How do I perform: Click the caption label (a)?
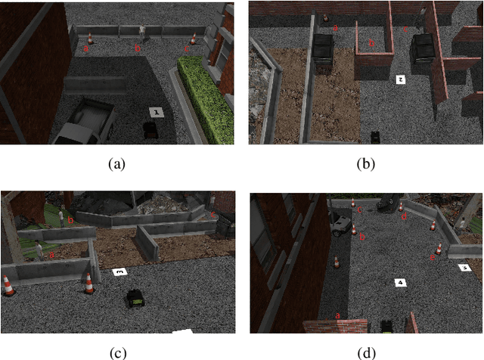[116, 163]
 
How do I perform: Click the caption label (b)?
[367, 163]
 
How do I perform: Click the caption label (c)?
[116, 352]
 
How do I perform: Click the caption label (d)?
[367, 352]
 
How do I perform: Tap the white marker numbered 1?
[155, 112]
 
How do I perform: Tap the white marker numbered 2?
[400, 79]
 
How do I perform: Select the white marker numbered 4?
[399, 283]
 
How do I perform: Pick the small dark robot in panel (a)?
[150, 129]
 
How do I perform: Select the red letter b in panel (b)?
[371, 45]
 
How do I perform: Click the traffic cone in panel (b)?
[325, 17]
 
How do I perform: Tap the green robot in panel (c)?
[135, 297]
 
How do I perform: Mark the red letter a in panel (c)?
[51, 256]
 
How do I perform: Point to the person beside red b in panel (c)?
[61, 217]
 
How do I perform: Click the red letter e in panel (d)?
[432, 258]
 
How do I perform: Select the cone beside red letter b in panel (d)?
[354, 228]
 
